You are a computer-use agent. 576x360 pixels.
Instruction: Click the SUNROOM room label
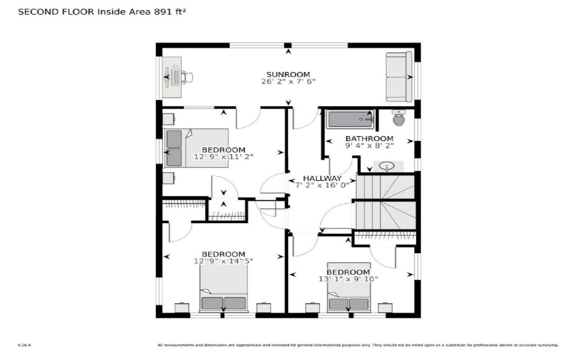click(x=288, y=74)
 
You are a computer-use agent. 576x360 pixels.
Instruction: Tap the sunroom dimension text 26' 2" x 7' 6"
click(x=288, y=82)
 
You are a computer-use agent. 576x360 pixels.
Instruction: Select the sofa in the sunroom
click(x=399, y=76)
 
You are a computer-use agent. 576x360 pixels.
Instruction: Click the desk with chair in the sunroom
click(x=175, y=76)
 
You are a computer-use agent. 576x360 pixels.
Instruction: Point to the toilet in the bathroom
click(x=399, y=119)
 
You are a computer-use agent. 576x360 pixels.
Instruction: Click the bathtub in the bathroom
click(x=350, y=119)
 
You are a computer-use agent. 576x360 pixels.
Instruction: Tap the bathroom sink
click(x=386, y=166)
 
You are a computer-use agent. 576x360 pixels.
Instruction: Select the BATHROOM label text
click(x=369, y=138)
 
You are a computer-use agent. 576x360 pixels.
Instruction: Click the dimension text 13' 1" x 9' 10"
click(x=349, y=279)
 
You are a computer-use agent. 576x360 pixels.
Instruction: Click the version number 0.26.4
click(x=23, y=345)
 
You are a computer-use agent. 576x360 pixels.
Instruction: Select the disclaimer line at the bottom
click(x=358, y=345)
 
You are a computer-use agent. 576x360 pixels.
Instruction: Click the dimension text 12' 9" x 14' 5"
click(x=223, y=260)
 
